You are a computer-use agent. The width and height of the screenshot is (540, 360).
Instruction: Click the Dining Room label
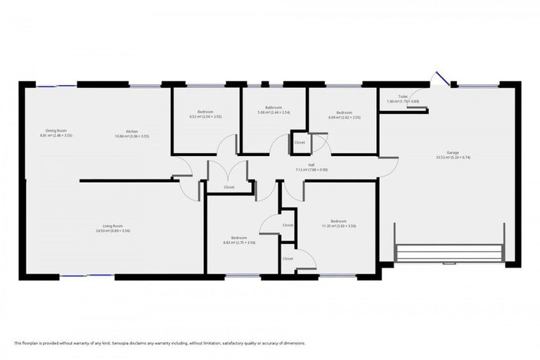click(x=56, y=131)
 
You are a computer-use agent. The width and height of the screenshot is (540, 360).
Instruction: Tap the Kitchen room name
click(x=131, y=131)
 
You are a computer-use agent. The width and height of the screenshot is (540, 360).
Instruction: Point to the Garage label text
click(x=442, y=153)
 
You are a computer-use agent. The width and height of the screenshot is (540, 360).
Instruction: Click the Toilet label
click(x=403, y=97)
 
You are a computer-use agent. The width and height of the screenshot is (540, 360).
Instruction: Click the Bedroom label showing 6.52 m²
click(x=205, y=112)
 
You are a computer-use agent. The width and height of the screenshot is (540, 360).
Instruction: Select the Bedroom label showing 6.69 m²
click(x=344, y=112)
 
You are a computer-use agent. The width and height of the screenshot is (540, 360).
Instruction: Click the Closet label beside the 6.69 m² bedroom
click(x=300, y=142)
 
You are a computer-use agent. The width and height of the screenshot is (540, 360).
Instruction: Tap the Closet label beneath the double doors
click(x=229, y=187)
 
